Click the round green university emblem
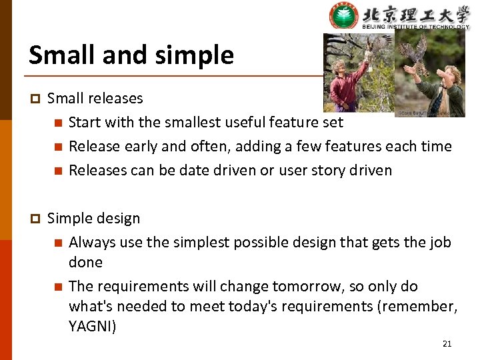(x=343, y=17)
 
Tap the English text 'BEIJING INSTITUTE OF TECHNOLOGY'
(x=416, y=27)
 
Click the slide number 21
(x=447, y=344)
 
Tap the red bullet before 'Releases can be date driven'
(x=58, y=171)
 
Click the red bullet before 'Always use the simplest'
(x=58, y=243)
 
